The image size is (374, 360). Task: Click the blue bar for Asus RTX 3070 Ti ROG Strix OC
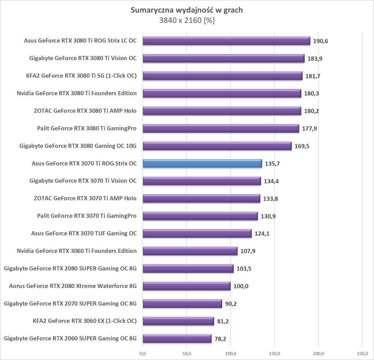(202, 163)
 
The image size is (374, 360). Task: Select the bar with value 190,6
(226, 41)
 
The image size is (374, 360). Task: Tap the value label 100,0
(241, 286)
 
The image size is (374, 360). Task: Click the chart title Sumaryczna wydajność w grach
(186, 10)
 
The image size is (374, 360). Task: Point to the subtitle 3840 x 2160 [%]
(187, 21)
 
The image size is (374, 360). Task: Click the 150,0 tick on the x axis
(275, 353)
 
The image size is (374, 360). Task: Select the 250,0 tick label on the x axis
(362, 353)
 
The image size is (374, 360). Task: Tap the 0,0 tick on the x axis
(143, 353)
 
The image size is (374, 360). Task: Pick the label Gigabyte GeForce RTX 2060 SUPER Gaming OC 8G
(70, 338)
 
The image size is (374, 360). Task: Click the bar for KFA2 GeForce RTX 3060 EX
(179, 321)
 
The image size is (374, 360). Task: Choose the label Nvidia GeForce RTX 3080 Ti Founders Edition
(77, 93)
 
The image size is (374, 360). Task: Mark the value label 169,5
(302, 146)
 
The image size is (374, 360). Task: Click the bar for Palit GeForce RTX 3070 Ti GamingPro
(200, 216)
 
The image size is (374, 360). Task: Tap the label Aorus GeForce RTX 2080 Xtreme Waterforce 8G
(73, 286)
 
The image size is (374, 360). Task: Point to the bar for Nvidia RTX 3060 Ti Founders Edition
(190, 251)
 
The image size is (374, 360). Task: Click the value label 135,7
(272, 164)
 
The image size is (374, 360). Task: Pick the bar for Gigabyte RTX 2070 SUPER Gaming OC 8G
(183, 303)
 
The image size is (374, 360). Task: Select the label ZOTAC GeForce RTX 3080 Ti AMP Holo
(85, 111)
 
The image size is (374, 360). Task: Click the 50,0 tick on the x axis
(187, 353)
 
